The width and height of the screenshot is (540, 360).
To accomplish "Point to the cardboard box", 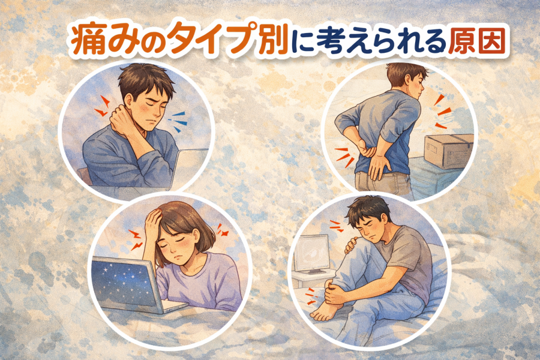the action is coord(449,150).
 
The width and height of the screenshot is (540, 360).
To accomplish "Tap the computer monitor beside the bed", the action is coord(313,254).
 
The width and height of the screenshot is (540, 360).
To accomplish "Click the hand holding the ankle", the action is coord(337,292).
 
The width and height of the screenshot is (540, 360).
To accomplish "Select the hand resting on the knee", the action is coord(352,245).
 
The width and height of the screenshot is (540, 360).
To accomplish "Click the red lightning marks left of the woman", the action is coord(136,239).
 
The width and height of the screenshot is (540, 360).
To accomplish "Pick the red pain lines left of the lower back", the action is coord(345,157).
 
